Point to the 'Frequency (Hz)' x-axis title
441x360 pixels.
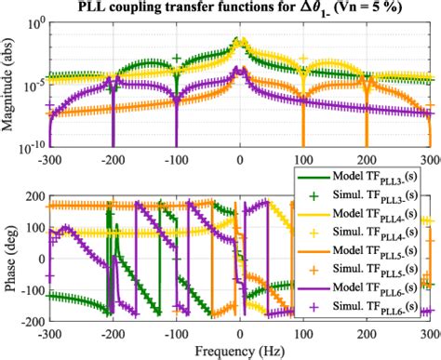coord(241,352)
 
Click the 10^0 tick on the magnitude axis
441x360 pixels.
coord(35,24)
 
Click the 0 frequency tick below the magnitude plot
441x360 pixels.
coord(240,159)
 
